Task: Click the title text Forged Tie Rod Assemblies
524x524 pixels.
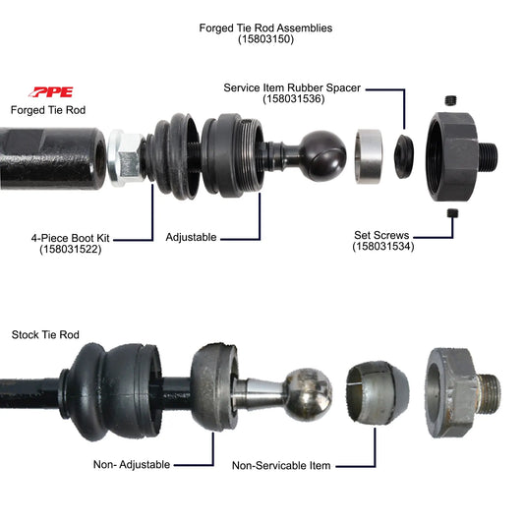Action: click(x=264, y=28)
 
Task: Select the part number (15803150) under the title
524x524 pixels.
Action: click(x=264, y=40)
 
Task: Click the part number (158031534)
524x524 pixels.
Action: click(x=384, y=247)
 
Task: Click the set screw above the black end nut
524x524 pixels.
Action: click(x=451, y=100)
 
